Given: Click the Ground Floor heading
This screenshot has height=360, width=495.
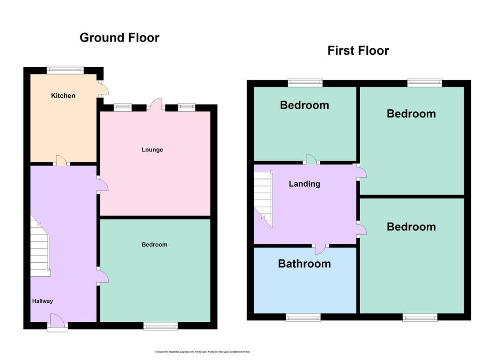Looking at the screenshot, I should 119,38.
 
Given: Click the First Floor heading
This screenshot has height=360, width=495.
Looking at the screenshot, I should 358,50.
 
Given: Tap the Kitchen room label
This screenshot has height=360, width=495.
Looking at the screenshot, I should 63,96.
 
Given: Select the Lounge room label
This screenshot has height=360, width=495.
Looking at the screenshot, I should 152,150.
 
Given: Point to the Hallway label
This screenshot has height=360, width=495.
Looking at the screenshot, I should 43,301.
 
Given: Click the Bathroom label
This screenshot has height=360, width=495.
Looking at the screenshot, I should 305,264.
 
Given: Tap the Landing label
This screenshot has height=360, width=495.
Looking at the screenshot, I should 305,184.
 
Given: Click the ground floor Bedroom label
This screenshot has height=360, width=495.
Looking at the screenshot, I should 154,245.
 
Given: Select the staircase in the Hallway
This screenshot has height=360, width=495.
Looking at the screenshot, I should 40,248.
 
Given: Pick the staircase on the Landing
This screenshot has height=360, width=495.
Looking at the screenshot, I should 263,199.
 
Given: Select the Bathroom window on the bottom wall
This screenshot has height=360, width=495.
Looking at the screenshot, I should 303,317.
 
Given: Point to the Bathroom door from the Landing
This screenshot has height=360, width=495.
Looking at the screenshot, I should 320,249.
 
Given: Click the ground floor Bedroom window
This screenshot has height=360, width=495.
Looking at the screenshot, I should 160,327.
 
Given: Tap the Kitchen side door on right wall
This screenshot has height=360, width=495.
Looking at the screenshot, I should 103,88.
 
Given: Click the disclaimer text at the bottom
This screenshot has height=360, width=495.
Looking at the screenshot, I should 203,352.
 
